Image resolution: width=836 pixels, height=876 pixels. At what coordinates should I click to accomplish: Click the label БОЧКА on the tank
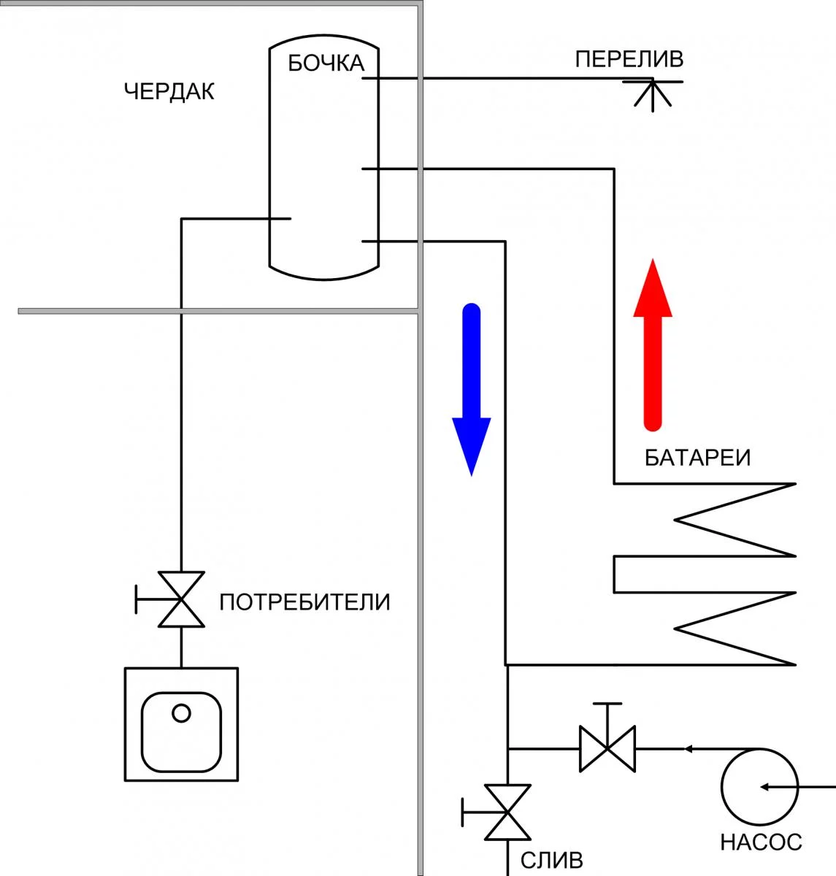click(326, 64)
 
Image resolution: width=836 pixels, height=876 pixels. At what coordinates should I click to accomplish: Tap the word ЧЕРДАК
click(169, 92)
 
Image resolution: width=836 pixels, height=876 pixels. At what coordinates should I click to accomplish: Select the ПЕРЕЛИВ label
click(629, 59)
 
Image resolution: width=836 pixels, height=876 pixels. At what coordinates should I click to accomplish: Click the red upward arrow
click(652, 343)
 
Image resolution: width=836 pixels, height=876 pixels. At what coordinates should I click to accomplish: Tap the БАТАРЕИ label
click(697, 458)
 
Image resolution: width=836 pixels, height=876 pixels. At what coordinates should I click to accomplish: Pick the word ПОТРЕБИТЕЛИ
click(304, 602)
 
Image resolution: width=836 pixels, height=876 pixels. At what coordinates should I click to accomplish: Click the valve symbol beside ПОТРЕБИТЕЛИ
click(181, 599)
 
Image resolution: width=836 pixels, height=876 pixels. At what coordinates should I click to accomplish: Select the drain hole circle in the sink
click(181, 712)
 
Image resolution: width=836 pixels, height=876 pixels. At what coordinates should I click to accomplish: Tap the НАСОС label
click(761, 842)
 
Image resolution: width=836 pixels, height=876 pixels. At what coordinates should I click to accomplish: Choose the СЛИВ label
click(552, 860)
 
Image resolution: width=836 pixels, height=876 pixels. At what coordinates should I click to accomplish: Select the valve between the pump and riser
click(607, 748)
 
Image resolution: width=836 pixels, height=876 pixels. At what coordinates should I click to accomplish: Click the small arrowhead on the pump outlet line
click(687, 748)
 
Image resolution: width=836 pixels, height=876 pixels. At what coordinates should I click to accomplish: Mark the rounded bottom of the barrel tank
click(324, 272)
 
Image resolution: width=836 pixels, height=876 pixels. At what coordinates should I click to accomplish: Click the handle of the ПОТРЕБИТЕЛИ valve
click(138, 599)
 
